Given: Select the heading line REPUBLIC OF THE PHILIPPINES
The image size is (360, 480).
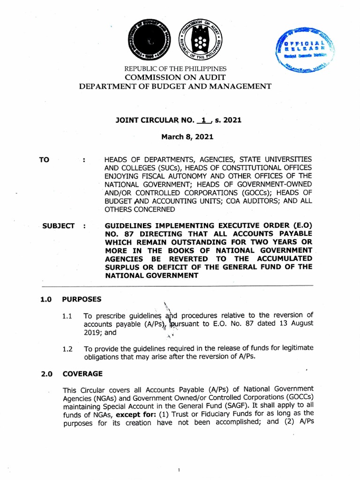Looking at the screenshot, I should point(180,68).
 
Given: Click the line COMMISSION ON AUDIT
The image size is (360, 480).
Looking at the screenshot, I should point(180,77).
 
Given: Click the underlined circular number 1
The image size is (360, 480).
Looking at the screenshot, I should point(203,120).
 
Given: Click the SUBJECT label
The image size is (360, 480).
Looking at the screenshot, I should point(58,225).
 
